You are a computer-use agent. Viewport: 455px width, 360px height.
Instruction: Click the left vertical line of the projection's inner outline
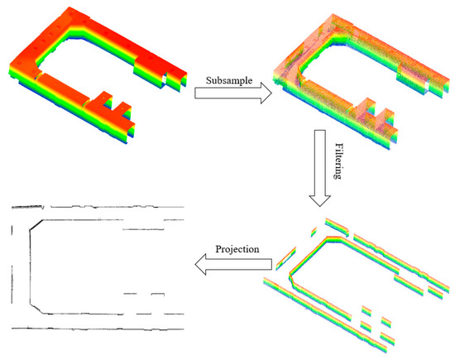pos(31,265)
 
